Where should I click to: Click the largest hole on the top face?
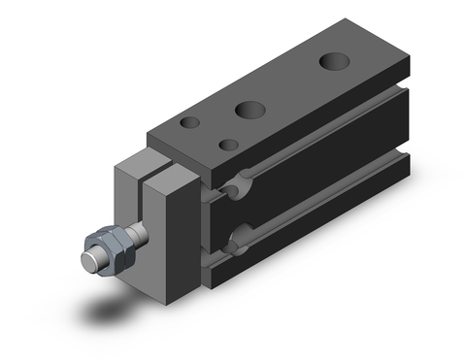coord(333,62)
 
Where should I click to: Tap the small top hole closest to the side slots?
coord(229,146)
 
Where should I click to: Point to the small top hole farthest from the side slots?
coord(190,123)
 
